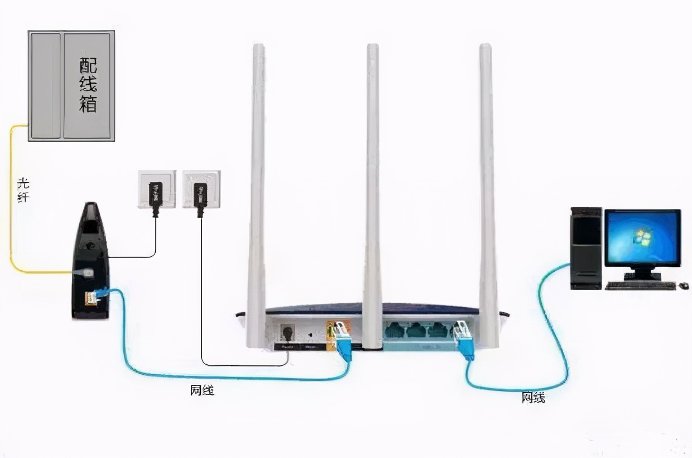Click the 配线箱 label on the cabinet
(88, 85)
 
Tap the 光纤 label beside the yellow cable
(23, 190)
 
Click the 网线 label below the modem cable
(202, 390)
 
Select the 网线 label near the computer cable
(534, 397)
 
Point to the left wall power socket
(156, 189)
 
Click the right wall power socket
(201, 189)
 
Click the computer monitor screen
(643, 237)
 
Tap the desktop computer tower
(586, 248)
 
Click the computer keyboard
(640, 286)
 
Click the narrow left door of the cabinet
(45, 85)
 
